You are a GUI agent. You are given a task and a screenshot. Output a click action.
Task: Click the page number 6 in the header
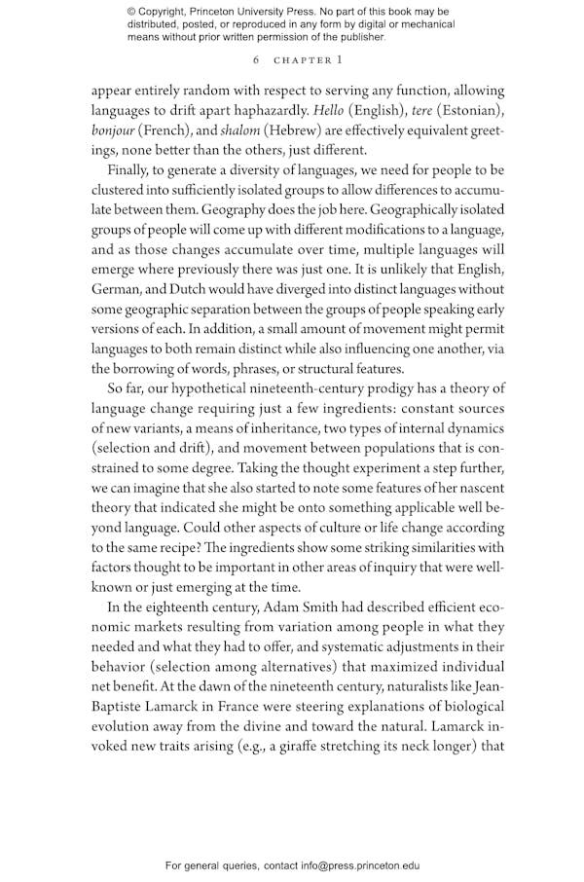click(x=254, y=60)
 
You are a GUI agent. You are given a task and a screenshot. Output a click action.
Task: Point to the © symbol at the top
click(x=132, y=12)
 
